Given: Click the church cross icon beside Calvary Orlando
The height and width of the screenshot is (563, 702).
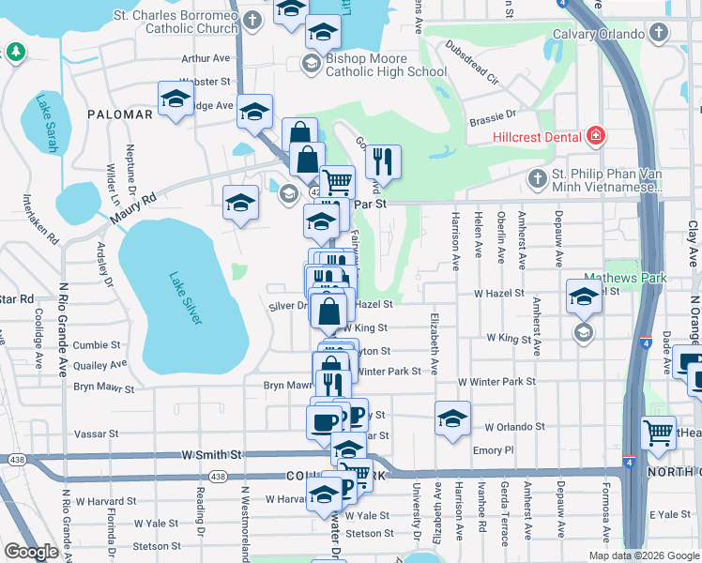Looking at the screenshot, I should click(x=659, y=35).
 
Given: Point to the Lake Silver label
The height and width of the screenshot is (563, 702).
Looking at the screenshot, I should click(x=185, y=298).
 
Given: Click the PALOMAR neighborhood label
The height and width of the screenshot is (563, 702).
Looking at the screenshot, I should click(x=119, y=114).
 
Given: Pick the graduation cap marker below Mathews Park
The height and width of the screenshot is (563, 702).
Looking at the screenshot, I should click(x=584, y=297).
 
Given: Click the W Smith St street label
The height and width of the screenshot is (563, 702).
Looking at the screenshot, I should click(x=212, y=455).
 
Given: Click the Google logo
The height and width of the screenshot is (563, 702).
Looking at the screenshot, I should click(x=30, y=552).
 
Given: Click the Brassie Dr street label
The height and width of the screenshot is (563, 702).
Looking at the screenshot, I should click(x=497, y=115).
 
